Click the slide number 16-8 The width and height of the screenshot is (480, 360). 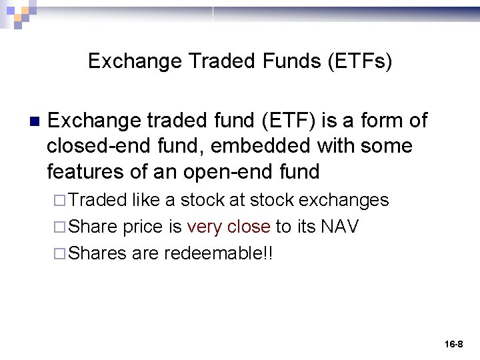[453, 344]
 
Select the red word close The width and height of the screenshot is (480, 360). [249, 227]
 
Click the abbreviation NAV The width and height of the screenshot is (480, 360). [340, 227]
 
